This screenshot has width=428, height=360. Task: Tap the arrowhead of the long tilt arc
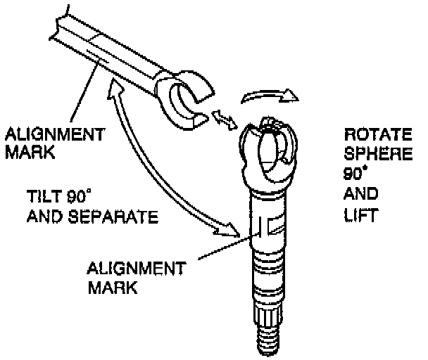point(227,229)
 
